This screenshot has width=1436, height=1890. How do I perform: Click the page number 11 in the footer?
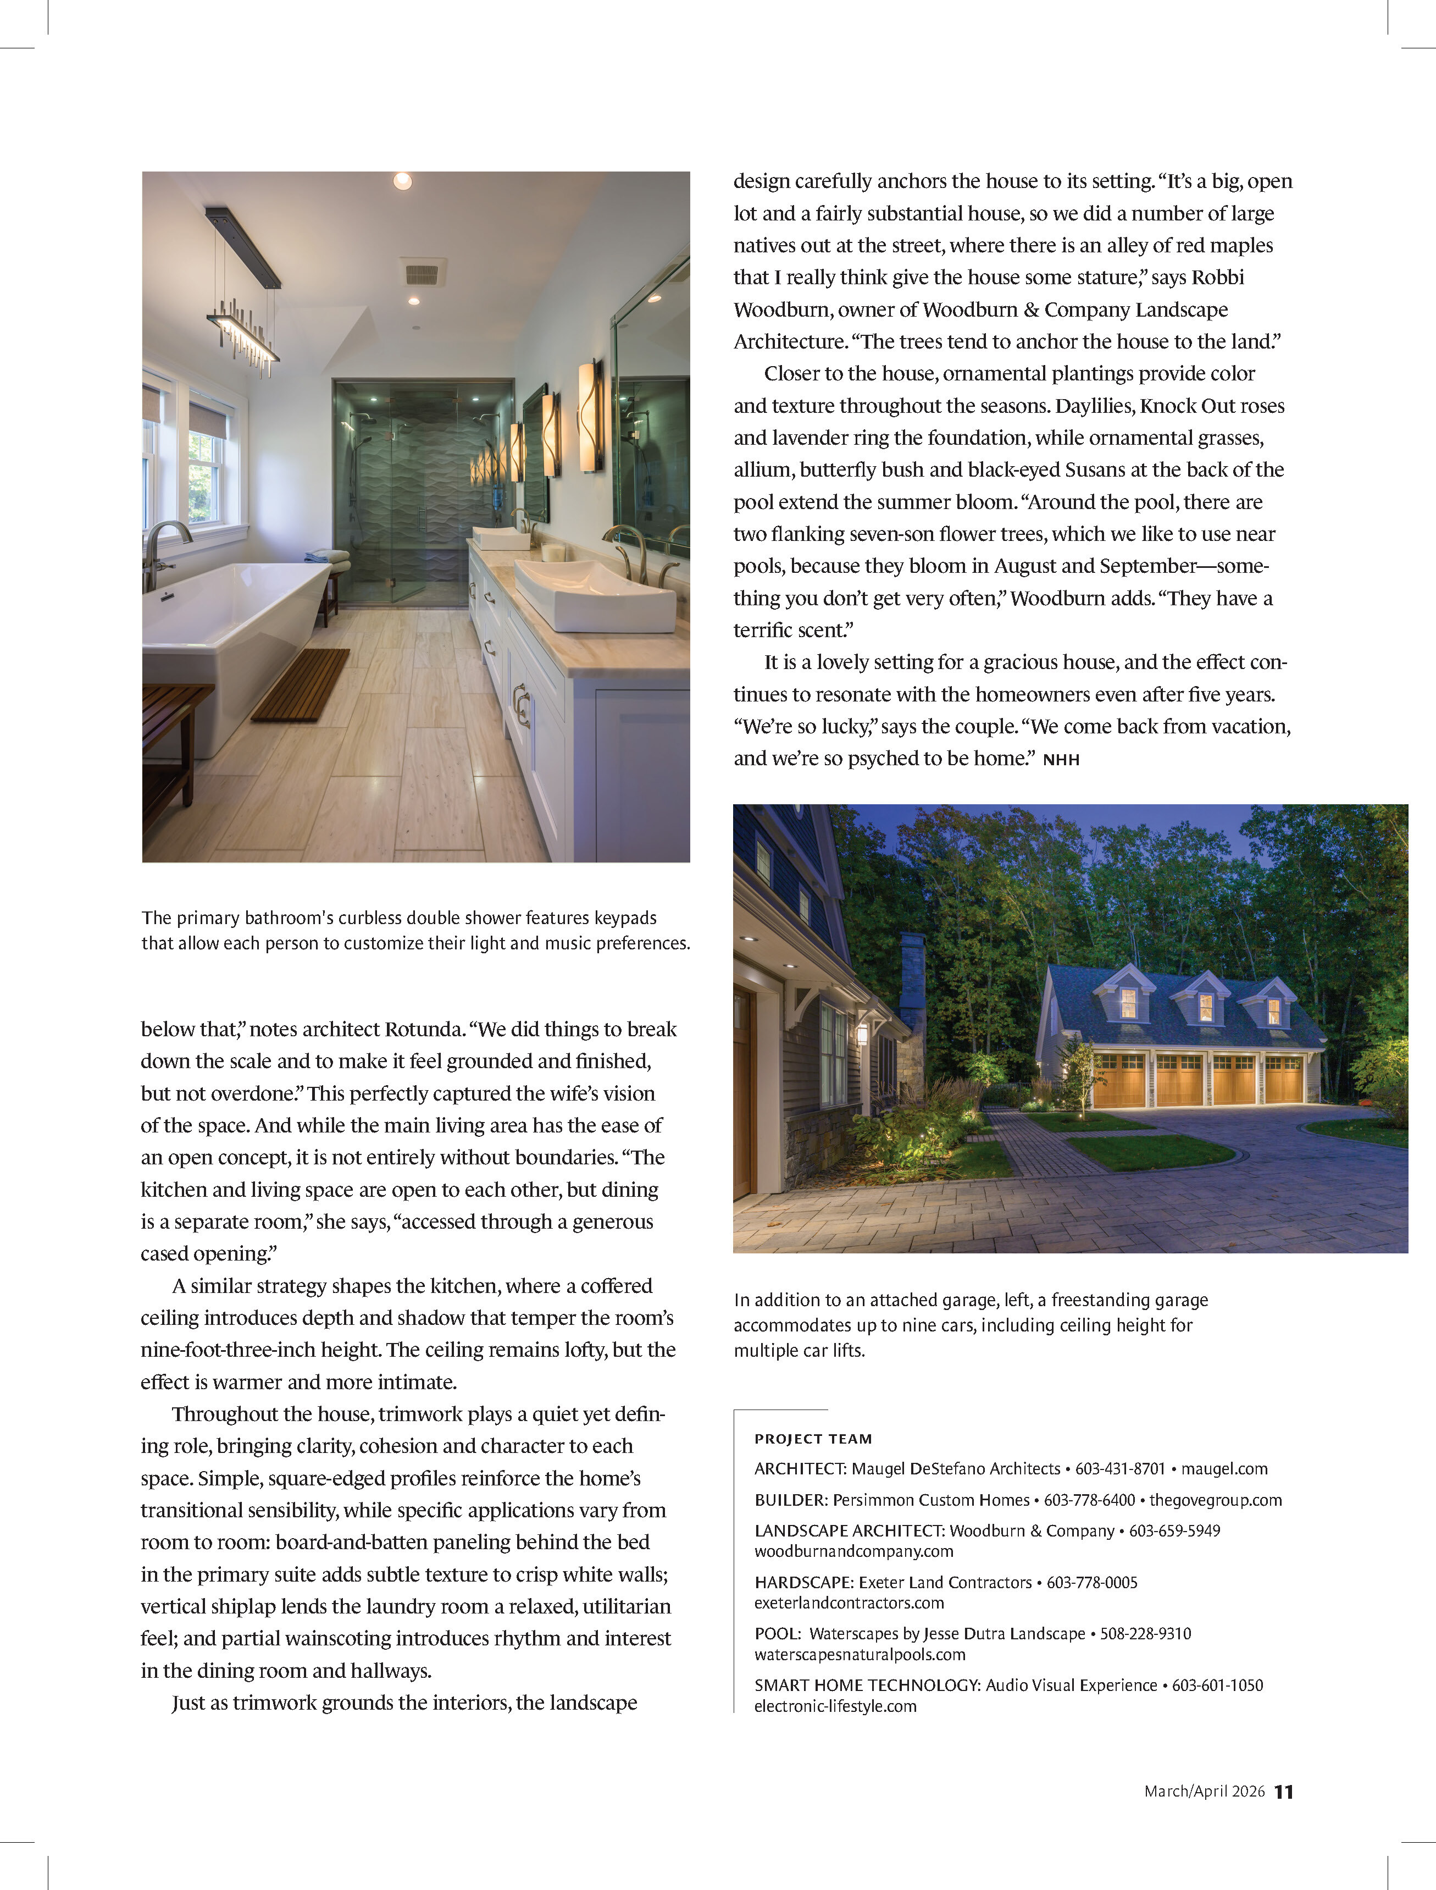coord(1284,1792)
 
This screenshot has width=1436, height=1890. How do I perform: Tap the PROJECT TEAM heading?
coord(813,1439)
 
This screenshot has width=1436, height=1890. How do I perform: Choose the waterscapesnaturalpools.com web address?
coord(860,1654)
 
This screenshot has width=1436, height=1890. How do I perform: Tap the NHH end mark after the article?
coord(1061,759)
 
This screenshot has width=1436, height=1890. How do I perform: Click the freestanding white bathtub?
coord(226,633)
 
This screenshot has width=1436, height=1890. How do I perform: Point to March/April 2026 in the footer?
coord(1204,1792)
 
